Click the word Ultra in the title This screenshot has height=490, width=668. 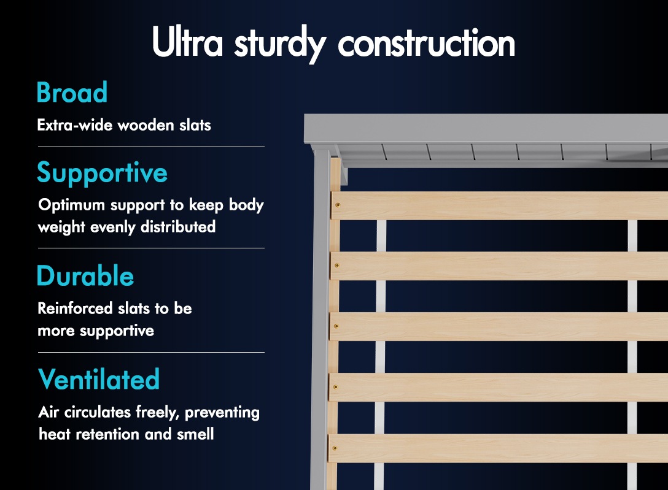click(x=187, y=42)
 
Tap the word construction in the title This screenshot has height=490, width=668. click(x=427, y=42)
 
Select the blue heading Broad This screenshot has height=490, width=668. click(x=72, y=92)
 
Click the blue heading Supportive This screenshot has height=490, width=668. click(x=103, y=173)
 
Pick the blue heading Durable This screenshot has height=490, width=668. click(x=85, y=275)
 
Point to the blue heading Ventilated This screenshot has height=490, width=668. click(x=99, y=379)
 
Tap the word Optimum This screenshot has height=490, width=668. click(x=72, y=205)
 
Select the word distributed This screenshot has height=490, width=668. click(x=178, y=227)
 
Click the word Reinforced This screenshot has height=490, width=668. click(x=75, y=308)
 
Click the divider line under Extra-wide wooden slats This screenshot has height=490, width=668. click(x=151, y=147)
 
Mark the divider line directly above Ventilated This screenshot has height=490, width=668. click(x=151, y=352)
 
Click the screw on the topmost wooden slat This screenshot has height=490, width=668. click(x=338, y=205)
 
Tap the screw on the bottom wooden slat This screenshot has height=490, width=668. click(x=335, y=448)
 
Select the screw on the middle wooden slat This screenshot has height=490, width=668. click(x=336, y=326)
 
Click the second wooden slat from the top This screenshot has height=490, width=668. click(x=499, y=266)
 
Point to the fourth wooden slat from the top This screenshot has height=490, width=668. click(x=498, y=387)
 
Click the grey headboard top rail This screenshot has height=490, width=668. click(x=486, y=128)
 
